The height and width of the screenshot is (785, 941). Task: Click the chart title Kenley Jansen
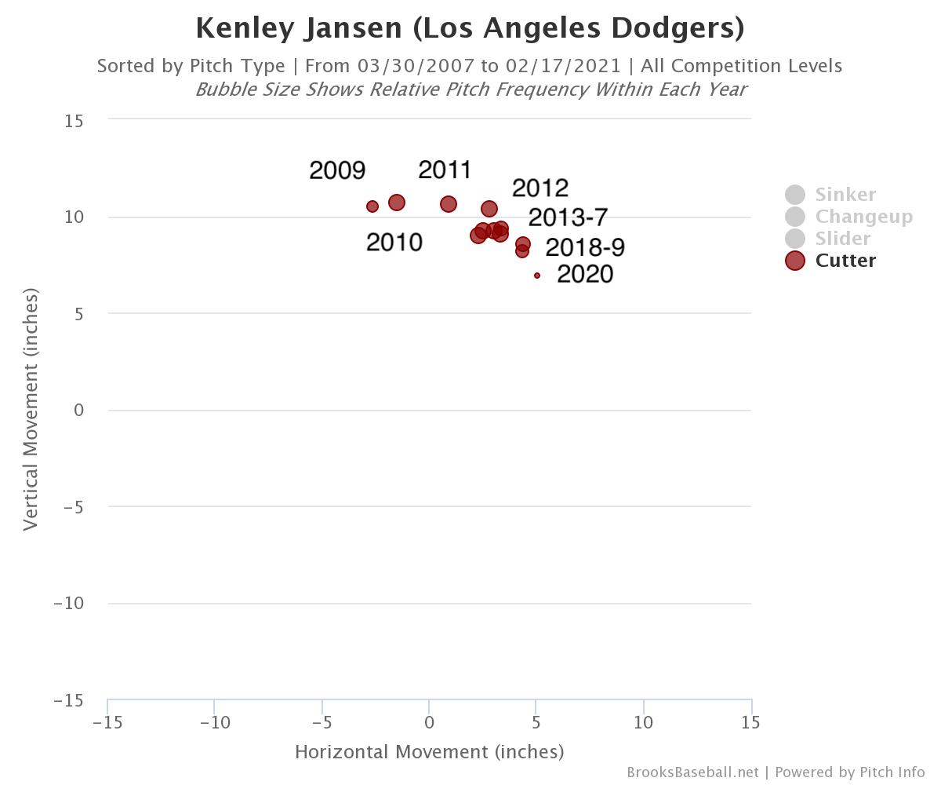[470, 28]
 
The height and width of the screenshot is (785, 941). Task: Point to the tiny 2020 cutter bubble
[537, 276]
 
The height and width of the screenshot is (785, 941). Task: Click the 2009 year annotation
[337, 170]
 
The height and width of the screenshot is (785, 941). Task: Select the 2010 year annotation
[394, 243]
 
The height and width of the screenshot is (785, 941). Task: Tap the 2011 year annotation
[445, 170]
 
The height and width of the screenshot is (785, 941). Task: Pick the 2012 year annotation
[540, 188]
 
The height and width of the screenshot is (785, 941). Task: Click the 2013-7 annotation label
[568, 217]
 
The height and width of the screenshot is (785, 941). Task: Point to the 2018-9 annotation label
[585, 247]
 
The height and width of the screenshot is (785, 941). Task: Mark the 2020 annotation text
[585, 274]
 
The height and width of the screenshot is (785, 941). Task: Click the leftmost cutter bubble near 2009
[372, 206]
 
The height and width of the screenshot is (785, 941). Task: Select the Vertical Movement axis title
[31, 409]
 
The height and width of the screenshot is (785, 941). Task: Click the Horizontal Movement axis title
[429, 752]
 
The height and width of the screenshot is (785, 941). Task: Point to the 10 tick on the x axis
[644, 722]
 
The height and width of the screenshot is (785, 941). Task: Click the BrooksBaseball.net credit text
[692, 772]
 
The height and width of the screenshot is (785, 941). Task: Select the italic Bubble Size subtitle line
[470, 89]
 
